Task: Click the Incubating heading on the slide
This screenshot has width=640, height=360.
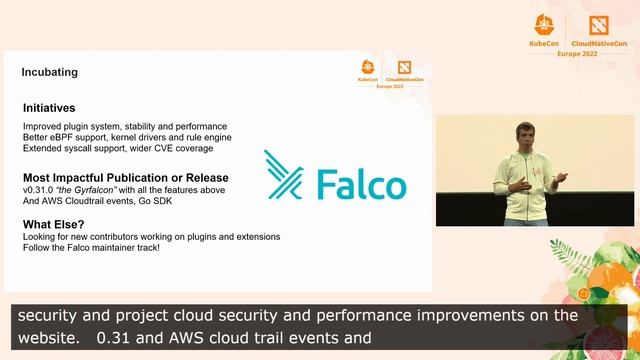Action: pos(49,73)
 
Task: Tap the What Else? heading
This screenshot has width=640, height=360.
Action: pos(55,223)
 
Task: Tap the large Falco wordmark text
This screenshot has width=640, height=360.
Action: pos(360,185)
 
